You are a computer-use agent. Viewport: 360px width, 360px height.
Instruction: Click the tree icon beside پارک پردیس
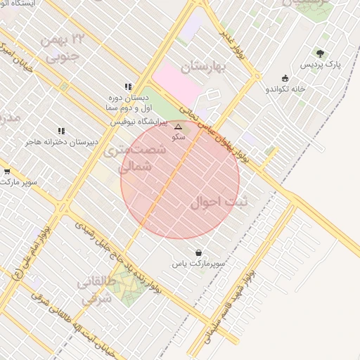pyautogui.click(x=321, y=53)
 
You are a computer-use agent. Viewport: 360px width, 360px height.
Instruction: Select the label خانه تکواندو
pyautogui.click(x=285, y=89)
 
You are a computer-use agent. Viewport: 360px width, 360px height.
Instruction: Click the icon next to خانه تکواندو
pyautogui.click(x=285, y=79)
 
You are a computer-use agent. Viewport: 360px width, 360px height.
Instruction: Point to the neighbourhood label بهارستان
pyautogui.click(x=206, y=67)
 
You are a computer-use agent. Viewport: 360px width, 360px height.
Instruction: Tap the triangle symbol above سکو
pyautogui.click(x=178, y=127)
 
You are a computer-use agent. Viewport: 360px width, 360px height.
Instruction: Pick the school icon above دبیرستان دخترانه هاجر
pyautogui.click(x=62, y=131)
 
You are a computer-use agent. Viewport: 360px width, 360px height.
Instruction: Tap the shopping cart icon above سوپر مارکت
pyautogui.click(x=7, y=171)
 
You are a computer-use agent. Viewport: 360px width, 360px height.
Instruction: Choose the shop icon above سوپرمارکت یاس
pyautogui.click(x=198, y=252)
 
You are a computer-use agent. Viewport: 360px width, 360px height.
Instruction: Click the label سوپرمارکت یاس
pyautogui.click(x=199, y=263)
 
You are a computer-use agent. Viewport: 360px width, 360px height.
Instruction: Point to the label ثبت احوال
pyautogui.click(x=219, y=202)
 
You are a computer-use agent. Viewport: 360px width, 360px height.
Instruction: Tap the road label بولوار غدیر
pyautogui.click(x=231, y=44)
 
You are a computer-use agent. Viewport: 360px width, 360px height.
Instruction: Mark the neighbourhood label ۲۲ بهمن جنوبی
pyautogui.click(x=63, y=47)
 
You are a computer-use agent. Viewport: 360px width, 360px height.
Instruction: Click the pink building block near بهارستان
pyautogui.click(x=177, y=84)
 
